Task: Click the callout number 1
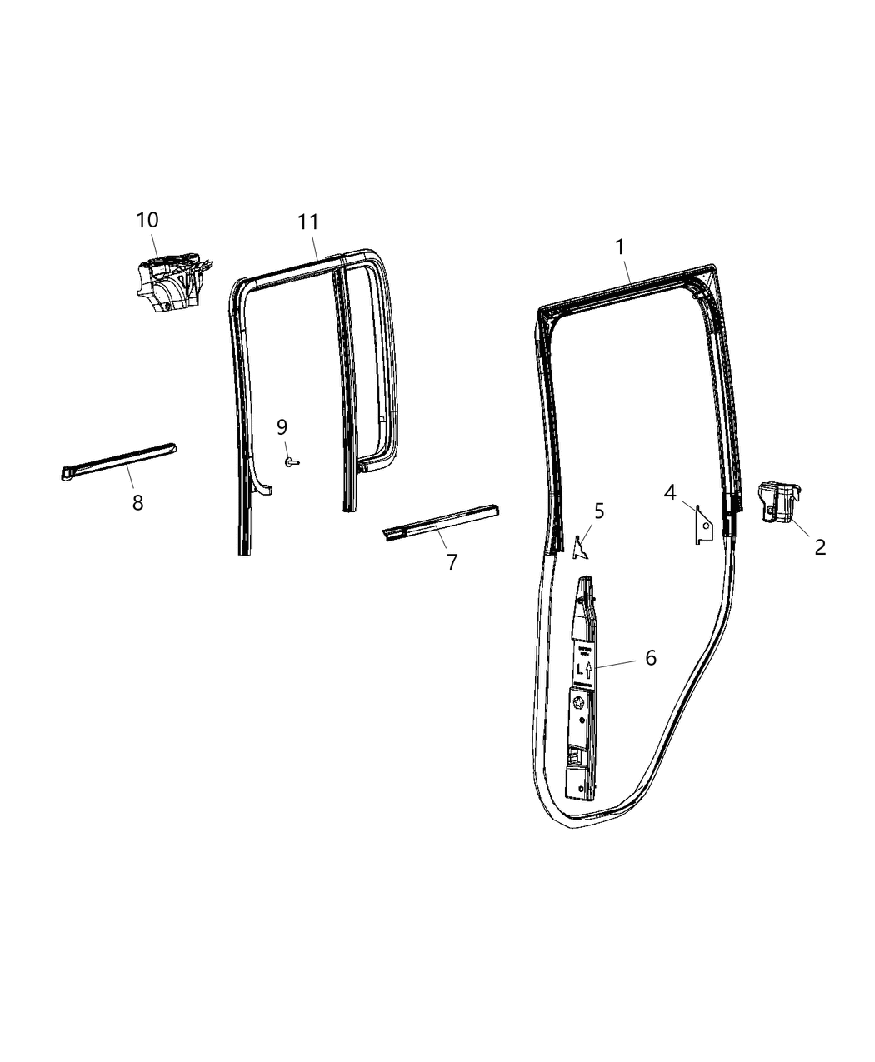click(x=619, y=247)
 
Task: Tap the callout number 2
click(x=820, y=547)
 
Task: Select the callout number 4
click(x=670, y=492)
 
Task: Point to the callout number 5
click(x=599, y=511)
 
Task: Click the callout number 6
click(x=650, y=657)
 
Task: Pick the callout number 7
click(x=452, y=561)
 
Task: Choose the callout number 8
click(x=137, y=502)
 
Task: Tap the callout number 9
click(x=282, y=427)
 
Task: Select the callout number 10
click(x=147, y=220)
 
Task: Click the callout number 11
click(x=308, y=222)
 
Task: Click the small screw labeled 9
click(x=292, y=461)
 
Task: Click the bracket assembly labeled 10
click(x=169, y=284)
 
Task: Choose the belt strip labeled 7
click(x=442, y=522)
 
